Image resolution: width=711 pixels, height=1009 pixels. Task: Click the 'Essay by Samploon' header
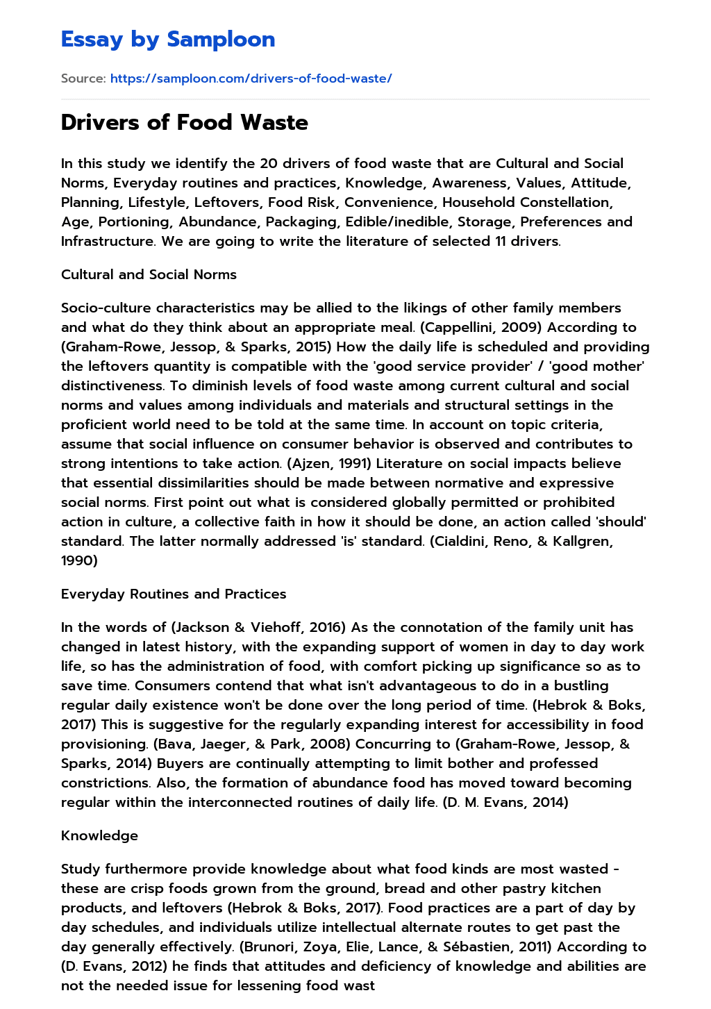click(168, 39)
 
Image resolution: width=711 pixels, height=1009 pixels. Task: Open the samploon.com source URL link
click(251, 78)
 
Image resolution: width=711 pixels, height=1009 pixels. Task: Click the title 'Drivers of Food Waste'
click(185, 122)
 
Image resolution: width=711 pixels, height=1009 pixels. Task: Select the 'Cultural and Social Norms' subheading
click(149, 274)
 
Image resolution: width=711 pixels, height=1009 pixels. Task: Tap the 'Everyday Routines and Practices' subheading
click(174, 594)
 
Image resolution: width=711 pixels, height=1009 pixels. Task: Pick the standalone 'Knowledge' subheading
click(99, 835)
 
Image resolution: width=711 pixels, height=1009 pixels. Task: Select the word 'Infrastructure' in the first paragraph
click(106, 241)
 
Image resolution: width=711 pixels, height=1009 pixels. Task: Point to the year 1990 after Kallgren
click(79, 560)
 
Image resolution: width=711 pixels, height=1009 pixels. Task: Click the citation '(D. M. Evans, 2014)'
click(505, 802)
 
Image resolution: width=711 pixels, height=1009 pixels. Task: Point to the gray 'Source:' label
click(83, 78)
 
